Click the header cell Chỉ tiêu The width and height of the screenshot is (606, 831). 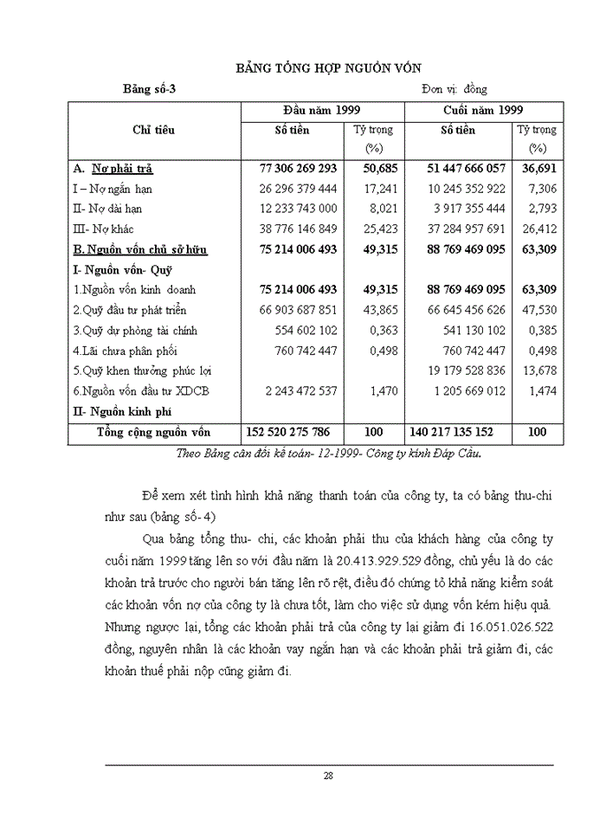pyautogui.click(x=153, y=130)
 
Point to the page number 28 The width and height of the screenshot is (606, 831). pyautogui.click(x=328, y=776)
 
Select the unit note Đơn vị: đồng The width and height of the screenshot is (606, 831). pyautogui.click(x=455, y=89)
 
